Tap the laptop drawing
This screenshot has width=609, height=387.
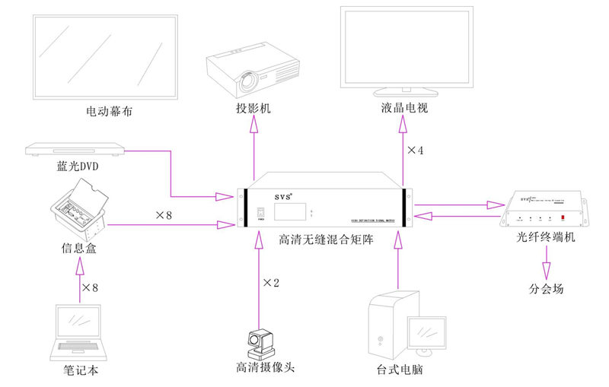point(80,331)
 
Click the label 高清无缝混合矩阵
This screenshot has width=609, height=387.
point(324,240)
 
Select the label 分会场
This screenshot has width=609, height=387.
point(546,289)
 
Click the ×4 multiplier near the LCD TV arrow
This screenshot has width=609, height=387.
point(415,151)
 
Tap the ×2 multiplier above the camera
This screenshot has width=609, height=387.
point(272,283)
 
